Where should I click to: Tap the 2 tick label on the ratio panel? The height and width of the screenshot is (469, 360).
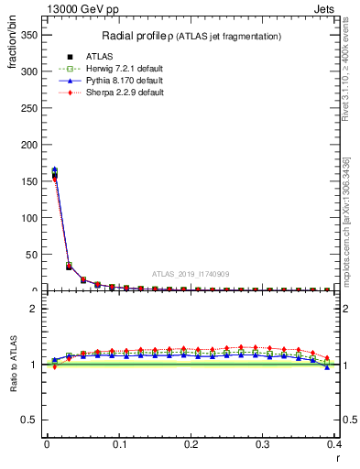pos(35,310)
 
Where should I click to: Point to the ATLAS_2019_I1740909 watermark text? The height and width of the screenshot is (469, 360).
pos(191,273)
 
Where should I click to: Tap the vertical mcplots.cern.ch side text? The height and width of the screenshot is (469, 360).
pos(352,229)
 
